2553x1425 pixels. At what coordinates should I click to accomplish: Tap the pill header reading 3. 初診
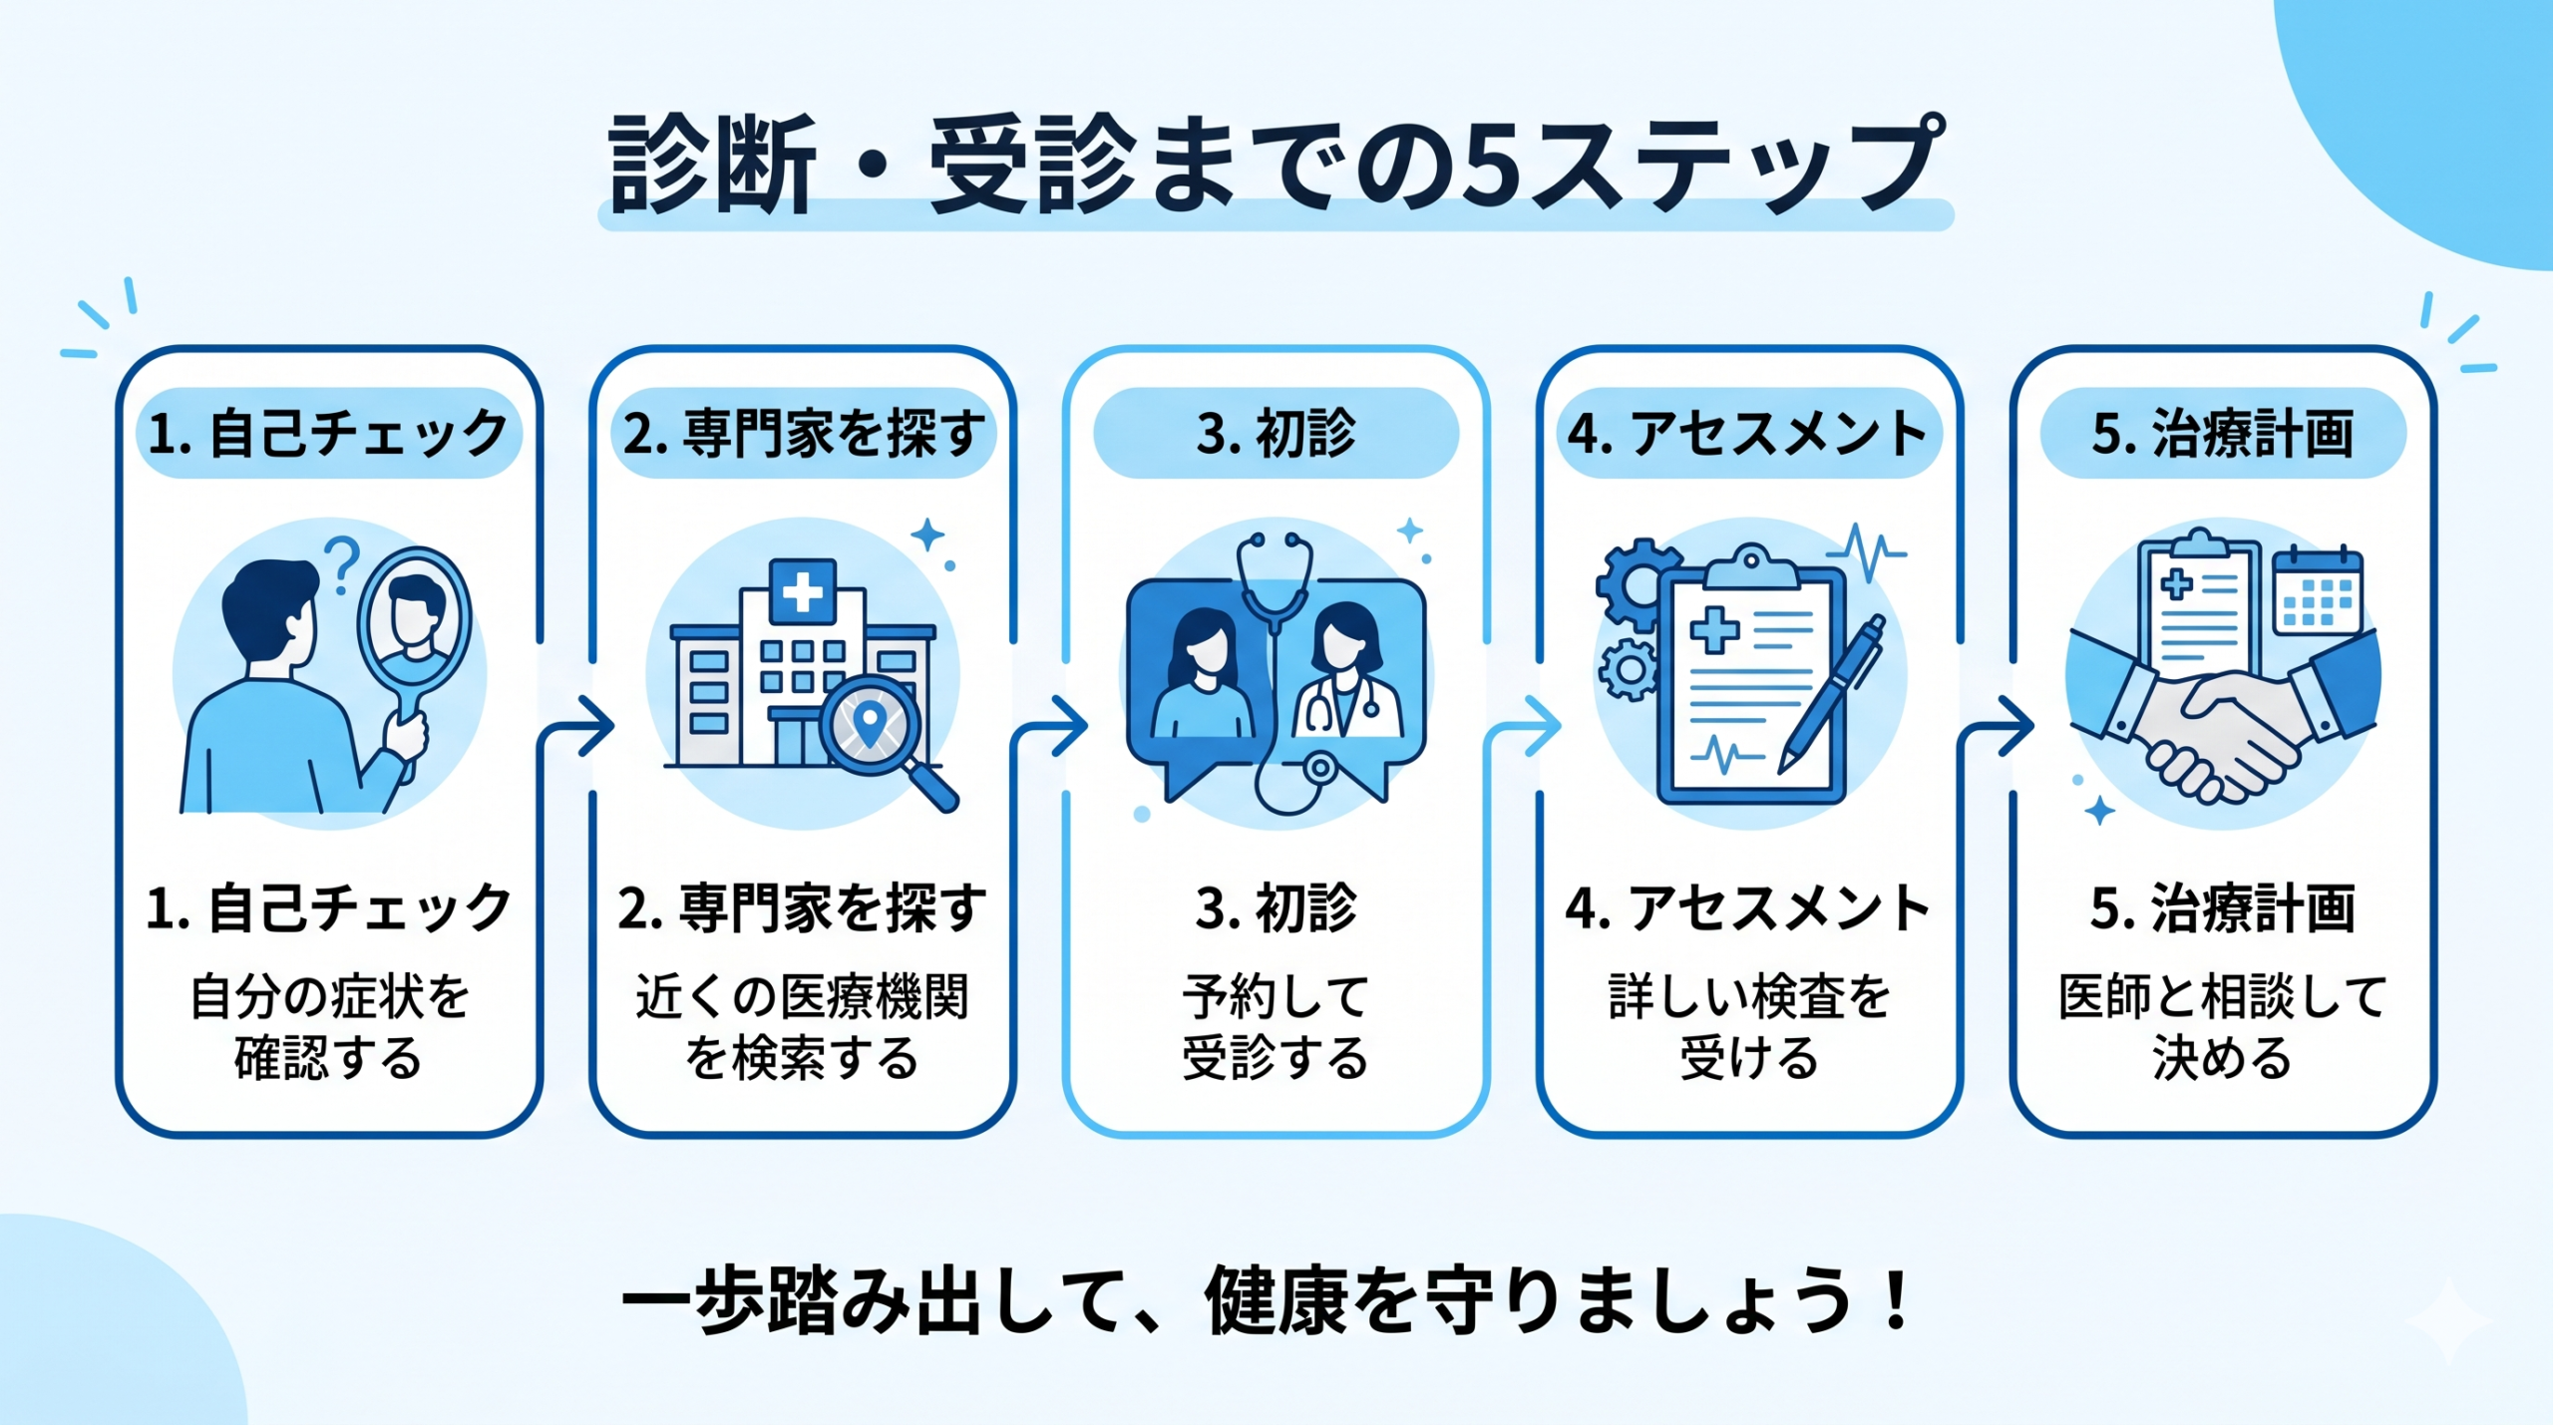[1276, 433]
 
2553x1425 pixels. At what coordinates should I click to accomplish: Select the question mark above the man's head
[342, 562]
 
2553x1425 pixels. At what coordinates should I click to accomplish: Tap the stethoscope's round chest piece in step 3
[1320, 768]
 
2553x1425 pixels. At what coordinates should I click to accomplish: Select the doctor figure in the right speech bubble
[1346, 678]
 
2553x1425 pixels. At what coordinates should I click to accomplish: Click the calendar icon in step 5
[2318, 592]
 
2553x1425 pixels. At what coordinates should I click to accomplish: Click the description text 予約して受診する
[1276, 1027]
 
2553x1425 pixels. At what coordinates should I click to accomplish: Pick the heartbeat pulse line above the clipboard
[1865, 553]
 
